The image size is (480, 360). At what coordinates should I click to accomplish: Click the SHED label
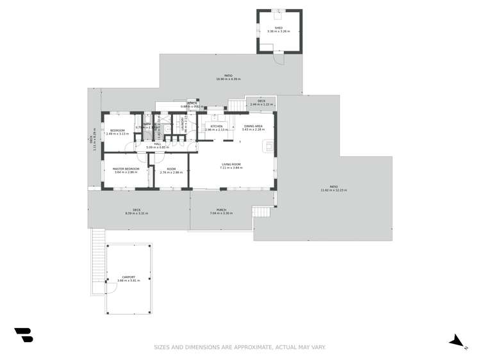[279, 28]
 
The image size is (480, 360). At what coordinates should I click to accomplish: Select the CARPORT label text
[128, 277]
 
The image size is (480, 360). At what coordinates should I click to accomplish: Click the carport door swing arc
[111, 288]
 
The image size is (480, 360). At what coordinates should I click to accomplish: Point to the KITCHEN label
[217, 126]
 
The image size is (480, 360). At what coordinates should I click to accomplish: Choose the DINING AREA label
[253, 126]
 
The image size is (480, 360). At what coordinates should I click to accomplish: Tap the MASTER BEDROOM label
[126, 168]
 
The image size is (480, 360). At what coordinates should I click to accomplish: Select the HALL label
[158, 144]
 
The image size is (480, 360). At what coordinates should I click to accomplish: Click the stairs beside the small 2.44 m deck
[237, 104]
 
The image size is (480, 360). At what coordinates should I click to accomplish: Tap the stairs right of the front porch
[261, 211]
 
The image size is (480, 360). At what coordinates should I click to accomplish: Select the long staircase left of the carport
[97, 259]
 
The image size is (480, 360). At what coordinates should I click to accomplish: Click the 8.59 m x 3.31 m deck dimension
[137, 213]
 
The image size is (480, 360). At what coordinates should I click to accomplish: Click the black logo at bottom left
[24, 334]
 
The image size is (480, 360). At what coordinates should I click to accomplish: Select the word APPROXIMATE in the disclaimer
[246, 347]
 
